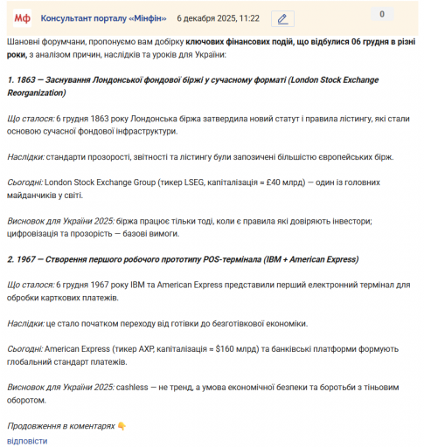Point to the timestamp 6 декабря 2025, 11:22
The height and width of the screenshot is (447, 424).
[218, 18]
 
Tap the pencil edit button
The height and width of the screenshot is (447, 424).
[282, 18]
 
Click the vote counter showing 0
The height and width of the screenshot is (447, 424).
[381, 14]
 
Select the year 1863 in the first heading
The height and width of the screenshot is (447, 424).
[26, 80]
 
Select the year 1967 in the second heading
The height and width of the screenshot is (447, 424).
[27, 259]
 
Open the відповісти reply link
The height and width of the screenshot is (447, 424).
[27, 440]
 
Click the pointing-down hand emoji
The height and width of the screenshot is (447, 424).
[122, 426]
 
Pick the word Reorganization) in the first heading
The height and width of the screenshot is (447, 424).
[37, 92]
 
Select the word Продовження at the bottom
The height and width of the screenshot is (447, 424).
[33, 426]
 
